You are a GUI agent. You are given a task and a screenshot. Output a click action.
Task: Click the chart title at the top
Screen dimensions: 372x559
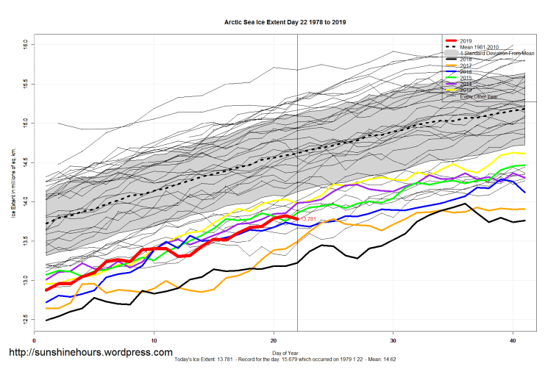pyautogui.click(x=285, y=22)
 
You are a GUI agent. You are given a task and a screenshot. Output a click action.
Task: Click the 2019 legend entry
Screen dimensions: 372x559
pyautogui.click(x=466, y=40)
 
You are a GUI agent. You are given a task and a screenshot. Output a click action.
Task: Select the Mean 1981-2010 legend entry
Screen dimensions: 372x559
pyautogui.click(x=481, y=47)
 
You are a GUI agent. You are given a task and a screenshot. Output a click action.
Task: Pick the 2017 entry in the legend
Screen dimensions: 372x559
pyautogui.click(x=466, y=66)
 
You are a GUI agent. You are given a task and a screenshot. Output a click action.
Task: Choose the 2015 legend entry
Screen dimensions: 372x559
pyautogui.click(x=466, y=79)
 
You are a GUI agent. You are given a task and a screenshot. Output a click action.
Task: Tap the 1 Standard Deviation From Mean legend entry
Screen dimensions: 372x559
pyautogui.click(x=496, y=54)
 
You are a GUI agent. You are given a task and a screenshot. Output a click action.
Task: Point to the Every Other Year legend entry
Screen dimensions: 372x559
pyautogui.click(x=479, y=97)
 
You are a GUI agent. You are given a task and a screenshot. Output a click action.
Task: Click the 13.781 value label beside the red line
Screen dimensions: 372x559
pyautogui.click(x=307, y=219)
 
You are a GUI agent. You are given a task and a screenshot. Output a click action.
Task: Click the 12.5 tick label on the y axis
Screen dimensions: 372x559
pyautogui.click(x=25, y=319)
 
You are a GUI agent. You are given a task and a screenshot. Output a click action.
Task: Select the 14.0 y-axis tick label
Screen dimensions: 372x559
pyautogui.click(x=25, y=200)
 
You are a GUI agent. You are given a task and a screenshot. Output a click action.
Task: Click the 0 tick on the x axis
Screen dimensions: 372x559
pyautogui.click(x=35, y=340)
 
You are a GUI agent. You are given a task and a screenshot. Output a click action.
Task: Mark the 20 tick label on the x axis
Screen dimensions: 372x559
pyautogui.click(x=274, y=340)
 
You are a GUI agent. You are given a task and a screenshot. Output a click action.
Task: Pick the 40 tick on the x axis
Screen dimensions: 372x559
pyautogui.click(x=513, y=340)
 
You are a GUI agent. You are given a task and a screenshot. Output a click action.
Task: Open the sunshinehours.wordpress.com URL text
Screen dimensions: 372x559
pyautogui.click(x=90, y=352)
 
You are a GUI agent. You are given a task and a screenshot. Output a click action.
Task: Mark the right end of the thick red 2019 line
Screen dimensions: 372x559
pyautogui.click(x=296, y=218)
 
